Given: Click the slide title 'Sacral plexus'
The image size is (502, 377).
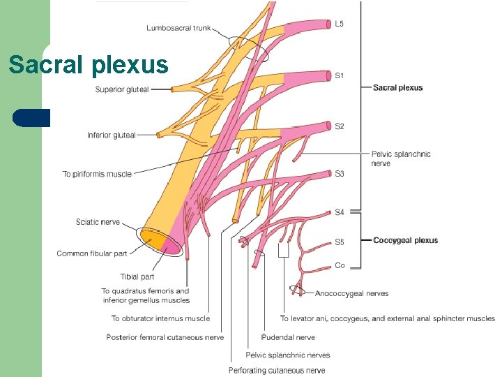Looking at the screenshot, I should [89, 65].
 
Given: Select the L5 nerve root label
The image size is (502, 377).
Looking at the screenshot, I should [339, 24].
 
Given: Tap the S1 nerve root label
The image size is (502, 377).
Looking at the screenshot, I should [339, 75].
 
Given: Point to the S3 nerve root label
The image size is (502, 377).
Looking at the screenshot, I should [339, 173].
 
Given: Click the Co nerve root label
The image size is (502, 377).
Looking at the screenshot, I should [340, 265].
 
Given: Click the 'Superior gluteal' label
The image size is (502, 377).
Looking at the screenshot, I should [122, 89].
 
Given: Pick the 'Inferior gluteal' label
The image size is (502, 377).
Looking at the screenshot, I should [112, 135].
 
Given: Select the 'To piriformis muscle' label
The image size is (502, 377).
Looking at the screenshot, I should [97, 174].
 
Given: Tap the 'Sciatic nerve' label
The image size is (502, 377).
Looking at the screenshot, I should [98, 222].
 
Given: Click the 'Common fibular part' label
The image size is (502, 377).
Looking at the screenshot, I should [92, 253].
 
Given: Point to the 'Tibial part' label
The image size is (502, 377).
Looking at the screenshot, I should [137, 276].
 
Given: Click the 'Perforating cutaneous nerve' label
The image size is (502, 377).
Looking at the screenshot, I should [277, 370].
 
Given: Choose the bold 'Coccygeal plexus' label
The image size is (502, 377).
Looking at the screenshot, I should [405, 240].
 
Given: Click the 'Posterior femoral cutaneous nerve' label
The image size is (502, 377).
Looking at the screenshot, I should [165, 337].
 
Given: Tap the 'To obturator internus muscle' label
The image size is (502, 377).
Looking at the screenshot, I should [160, 318].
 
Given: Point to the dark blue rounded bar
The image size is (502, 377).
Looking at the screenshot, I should [31, 118].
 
